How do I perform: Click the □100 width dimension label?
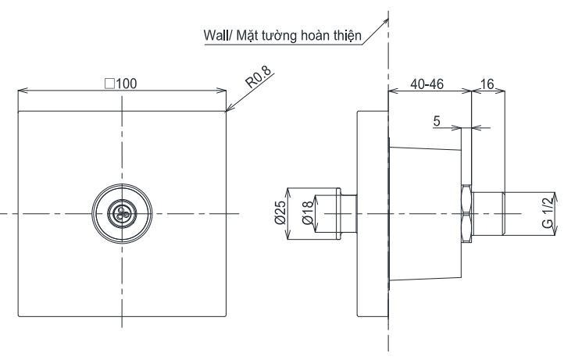point(121,84)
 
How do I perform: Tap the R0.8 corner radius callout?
point(259,77)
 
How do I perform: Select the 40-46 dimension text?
point(427,84)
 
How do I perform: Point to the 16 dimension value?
point(487,84)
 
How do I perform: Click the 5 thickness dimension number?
point(437,121)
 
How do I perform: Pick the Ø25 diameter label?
point(280,213)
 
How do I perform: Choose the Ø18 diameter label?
point(308,213)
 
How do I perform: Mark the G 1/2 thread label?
point(547,213)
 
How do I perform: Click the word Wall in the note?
point(216,36)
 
